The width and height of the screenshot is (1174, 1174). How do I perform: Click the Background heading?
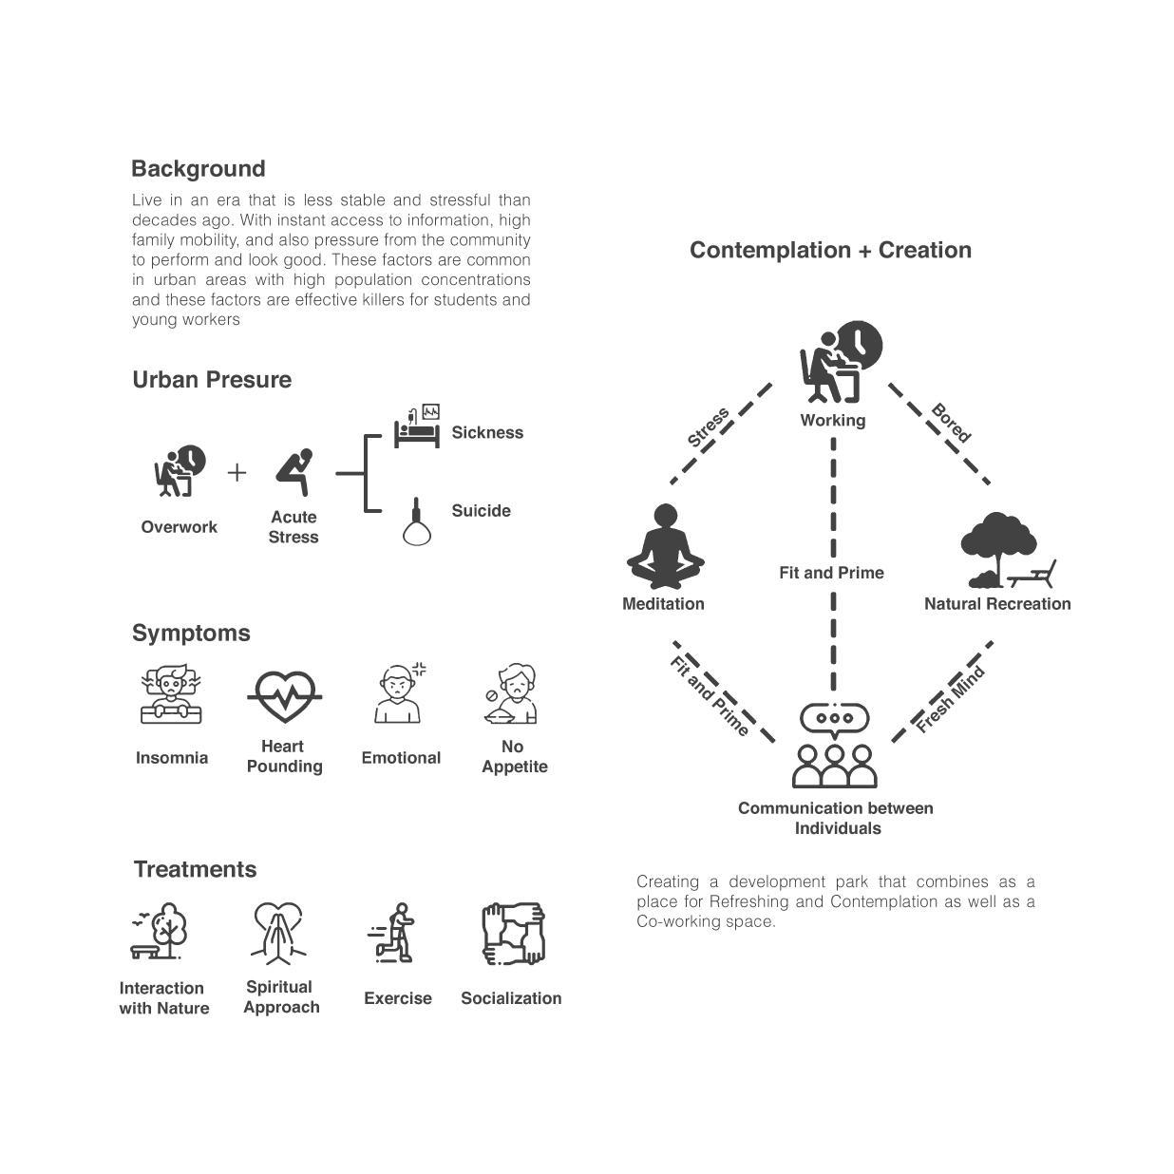pos(198,169)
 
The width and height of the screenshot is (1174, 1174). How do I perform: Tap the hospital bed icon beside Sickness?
pos(417,428)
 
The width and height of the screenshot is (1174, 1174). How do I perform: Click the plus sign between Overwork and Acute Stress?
pos(237,472)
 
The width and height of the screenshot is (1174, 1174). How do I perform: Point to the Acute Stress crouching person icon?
pos(293,472)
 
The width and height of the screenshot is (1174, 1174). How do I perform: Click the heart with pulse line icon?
pos(284,697)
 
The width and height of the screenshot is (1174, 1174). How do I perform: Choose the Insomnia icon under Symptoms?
pos(172,695)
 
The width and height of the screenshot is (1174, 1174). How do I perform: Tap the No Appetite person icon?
pos(514,694)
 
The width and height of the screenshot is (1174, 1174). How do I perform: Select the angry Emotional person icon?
pos(400,694)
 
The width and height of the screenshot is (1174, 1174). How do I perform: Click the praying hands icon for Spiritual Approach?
pos(278,934)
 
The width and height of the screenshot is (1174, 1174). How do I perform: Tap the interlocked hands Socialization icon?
pos(513,934)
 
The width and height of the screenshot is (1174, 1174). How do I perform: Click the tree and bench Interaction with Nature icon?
pos(161,932)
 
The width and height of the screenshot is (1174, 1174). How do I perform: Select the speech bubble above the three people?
pos(835,719)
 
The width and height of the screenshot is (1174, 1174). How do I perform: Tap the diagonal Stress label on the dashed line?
pos(709,427)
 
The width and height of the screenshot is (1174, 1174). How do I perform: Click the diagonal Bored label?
pos(951,424)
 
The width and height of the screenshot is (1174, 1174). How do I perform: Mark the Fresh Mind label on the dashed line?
pos(950,700)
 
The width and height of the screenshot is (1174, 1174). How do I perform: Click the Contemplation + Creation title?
pos(830,250)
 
